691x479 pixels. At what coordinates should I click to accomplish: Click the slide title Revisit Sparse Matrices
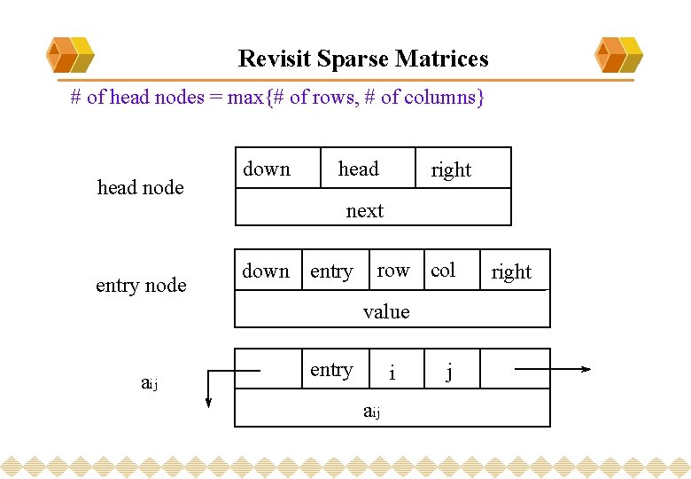click(x=363, y=59)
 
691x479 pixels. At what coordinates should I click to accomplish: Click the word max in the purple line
click(x=245, y=98)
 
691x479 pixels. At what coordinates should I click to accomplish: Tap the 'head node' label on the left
click(x=140, y=187)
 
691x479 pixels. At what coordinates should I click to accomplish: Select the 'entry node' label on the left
click(x=141, y=285)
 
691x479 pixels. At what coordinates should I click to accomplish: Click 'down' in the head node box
click(x=267, y=169)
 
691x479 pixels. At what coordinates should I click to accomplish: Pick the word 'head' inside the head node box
click(x=358, y=169)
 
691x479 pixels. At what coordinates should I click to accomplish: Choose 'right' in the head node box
click(x=451, y=169)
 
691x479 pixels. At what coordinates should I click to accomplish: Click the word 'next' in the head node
click(x=365, y=211)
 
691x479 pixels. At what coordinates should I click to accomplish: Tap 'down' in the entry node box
click(x=266, y=271)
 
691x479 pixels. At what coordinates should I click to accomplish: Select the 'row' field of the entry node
click(x=393, y=271)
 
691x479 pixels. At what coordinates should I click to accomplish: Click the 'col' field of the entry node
click(x=443, y=271)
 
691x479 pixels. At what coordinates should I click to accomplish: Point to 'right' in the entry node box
click(x=511, y=272)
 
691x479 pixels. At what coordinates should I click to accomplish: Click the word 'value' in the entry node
click(x=386, y=311)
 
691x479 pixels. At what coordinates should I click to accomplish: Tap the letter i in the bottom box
click(x=392, y=373)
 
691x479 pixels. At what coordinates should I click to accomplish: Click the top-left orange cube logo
click(x=70, y=55)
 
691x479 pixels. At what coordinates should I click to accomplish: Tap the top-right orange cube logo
click(x=619, y=55)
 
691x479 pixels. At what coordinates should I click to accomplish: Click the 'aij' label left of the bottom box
click(x=149, y=383)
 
